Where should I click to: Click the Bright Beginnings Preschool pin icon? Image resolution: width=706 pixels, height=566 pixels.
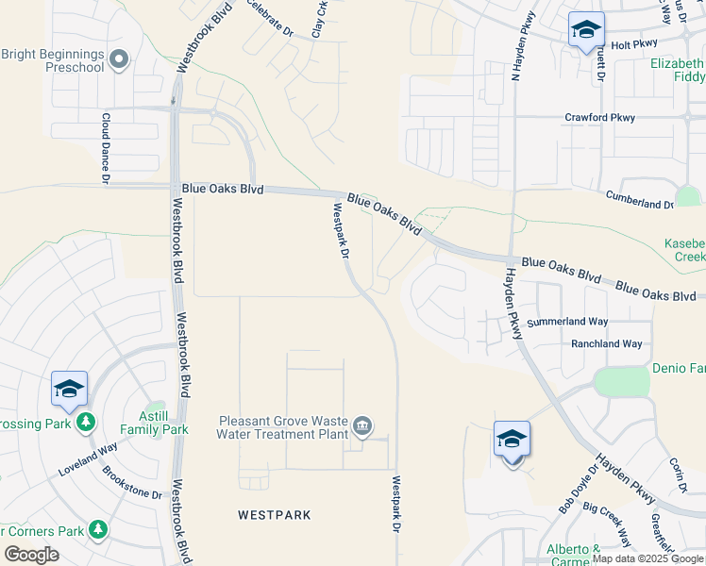pos(118,60)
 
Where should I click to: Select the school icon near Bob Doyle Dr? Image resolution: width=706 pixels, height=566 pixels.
pos(512,440)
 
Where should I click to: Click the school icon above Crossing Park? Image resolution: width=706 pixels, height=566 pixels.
pos(69,389)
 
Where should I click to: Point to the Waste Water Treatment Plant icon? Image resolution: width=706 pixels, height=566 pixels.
pos(362,428)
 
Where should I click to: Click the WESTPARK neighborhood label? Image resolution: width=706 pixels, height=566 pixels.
pos(275,515)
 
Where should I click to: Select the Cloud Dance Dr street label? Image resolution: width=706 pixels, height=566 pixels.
pos(106,148)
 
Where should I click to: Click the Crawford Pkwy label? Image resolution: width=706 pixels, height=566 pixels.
pos(600,118)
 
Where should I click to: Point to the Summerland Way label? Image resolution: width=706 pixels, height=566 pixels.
pos(567,322)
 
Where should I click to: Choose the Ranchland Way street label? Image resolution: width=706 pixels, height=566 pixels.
pos(606,344)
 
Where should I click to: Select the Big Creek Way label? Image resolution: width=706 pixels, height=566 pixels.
pos(608,524)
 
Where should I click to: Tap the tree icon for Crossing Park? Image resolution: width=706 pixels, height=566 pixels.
pos(87,421)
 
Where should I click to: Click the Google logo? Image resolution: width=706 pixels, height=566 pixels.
pos(31,556)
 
